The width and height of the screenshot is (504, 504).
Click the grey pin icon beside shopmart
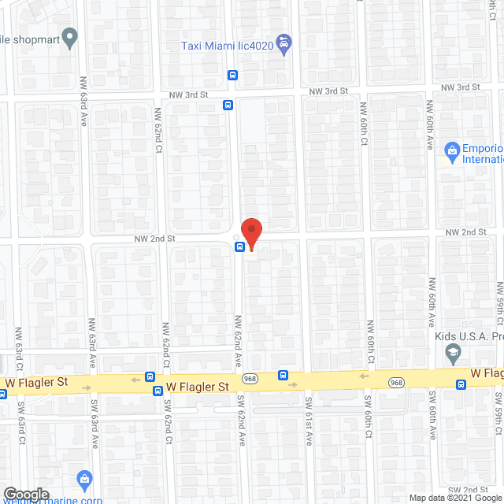click(x=71, y=36)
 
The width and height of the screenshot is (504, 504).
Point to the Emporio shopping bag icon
click(x=452, y=150)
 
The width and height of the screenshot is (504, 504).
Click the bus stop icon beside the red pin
click(x=239, y=246)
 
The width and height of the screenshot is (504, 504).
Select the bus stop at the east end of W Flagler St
click(x=462, y=384)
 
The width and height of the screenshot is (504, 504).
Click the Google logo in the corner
click(x=26, y=494)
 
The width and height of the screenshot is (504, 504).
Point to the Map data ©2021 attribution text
click(x=454, y=498)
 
